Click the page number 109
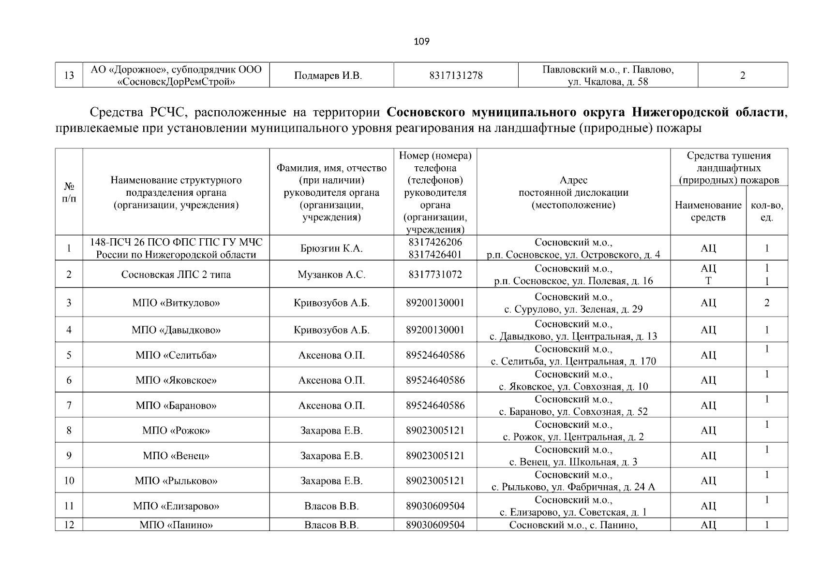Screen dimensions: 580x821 click(421, 42)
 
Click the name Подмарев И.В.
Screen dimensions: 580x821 click(331, 75)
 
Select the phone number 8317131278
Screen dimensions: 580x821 click(456, 75)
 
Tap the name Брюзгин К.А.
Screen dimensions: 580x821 click(331, 248)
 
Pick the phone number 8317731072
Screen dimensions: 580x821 click(435, 275)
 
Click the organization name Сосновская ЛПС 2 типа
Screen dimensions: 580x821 click(176, 275)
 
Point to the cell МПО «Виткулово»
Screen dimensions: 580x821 click(176, 303)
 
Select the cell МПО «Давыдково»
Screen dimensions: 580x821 click(176, 330)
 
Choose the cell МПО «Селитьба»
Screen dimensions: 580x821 click(176, 355)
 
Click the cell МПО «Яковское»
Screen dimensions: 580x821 click(176, 380)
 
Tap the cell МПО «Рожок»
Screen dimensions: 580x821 click(176, 431)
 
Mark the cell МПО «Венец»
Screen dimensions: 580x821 click(176, 456)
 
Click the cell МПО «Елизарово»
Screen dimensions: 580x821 click(176, 506)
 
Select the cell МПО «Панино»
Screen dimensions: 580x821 click(176, 525)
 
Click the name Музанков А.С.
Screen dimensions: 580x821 click(331, 275)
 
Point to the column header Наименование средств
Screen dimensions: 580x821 click(708, 211)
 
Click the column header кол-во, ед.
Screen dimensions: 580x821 click(766, 211)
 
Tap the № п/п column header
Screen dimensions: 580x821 click(69, 192)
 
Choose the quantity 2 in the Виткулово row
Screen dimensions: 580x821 click(766, 303)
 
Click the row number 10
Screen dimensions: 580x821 click(69, 481)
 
